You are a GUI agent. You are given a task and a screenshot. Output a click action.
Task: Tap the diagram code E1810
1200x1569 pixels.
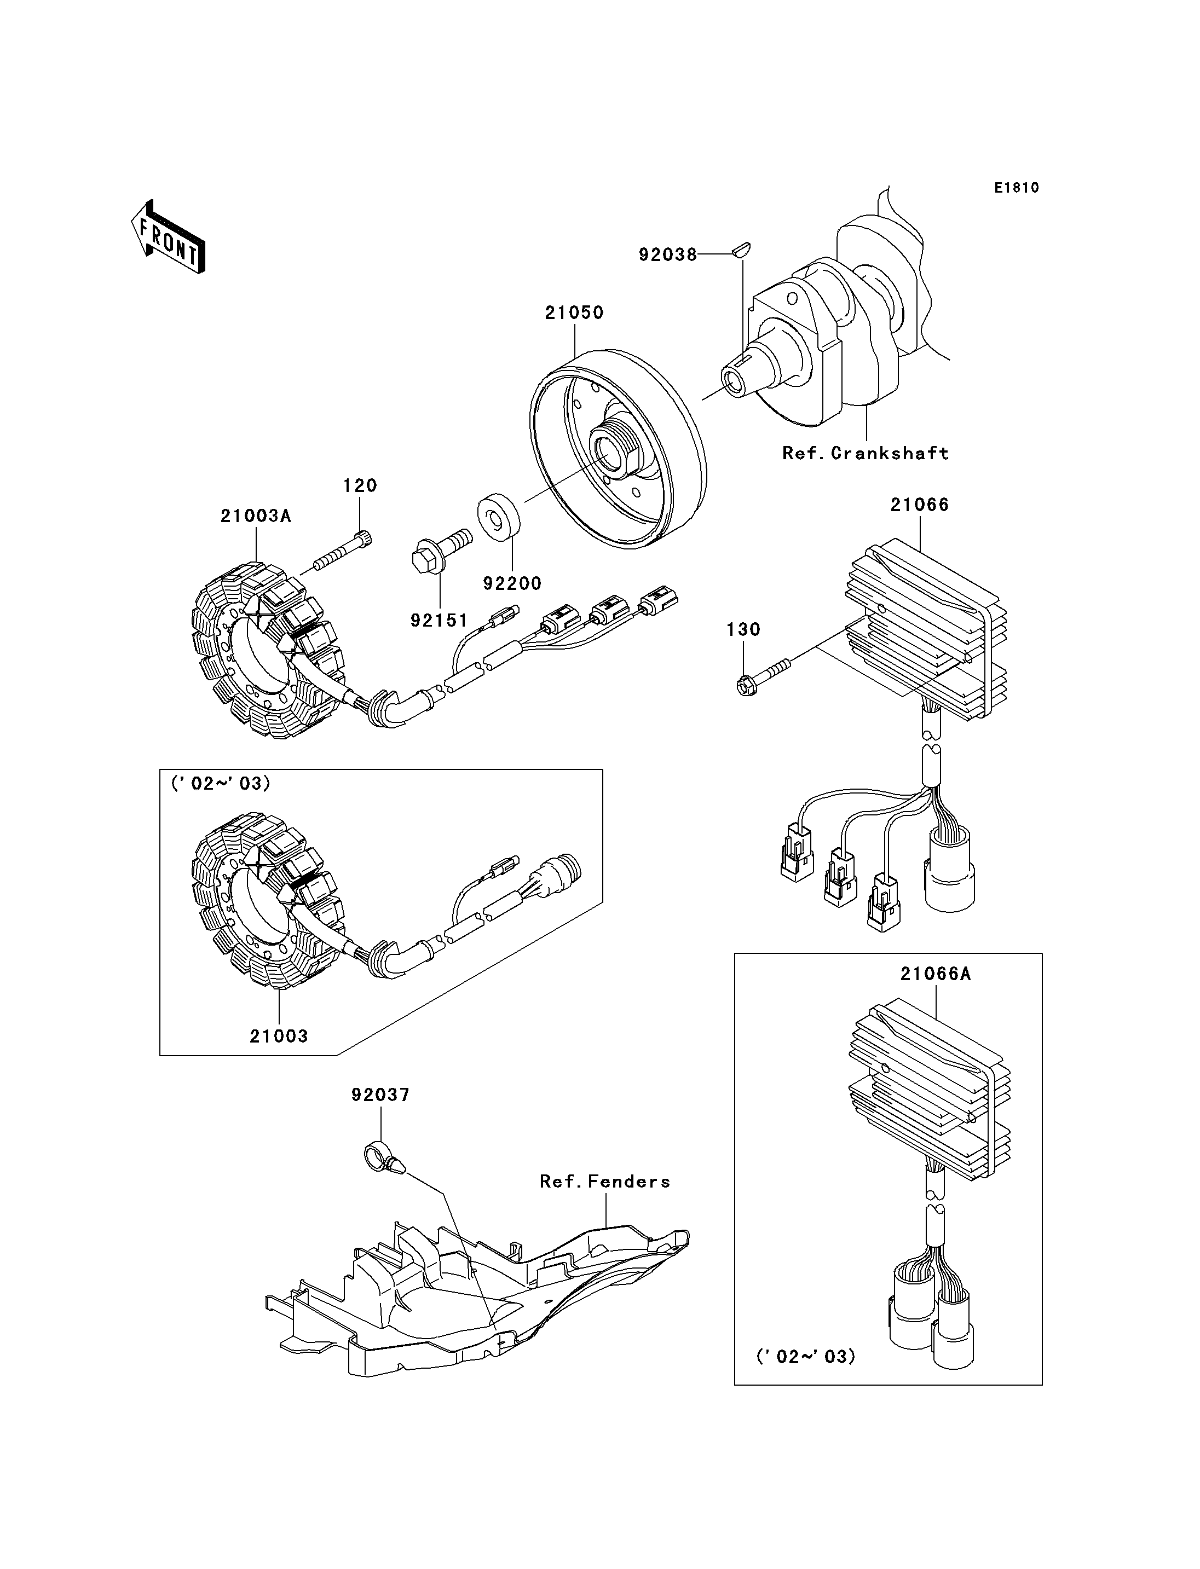[x=1017, y=188]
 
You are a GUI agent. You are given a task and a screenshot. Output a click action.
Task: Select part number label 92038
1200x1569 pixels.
[x=667, y=255]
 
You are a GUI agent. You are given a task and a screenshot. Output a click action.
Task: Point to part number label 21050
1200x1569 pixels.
[x=574, y=313]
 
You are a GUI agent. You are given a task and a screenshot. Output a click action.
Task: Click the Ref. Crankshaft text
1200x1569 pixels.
[x=865, y=454]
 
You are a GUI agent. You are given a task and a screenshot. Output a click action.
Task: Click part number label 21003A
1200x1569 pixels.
[x=256, y=516]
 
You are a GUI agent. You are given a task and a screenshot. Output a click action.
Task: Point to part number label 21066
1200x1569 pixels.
[x=919, y=505]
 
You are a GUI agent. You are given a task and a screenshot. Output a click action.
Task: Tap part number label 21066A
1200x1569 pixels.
[x=935, y=974]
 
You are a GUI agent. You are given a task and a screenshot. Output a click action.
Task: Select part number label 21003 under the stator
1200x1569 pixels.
[x=279, y=1036]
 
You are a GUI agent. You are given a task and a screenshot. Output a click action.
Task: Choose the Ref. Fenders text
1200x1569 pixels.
[x=605, y=1182]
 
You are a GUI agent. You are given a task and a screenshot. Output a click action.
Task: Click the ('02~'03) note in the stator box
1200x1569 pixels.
[x=221, y=784]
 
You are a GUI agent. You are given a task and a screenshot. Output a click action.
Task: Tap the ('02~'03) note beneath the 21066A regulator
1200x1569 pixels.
[x=806, y=1356]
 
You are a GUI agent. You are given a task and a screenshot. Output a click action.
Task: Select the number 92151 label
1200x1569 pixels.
[x=439, y=621]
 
